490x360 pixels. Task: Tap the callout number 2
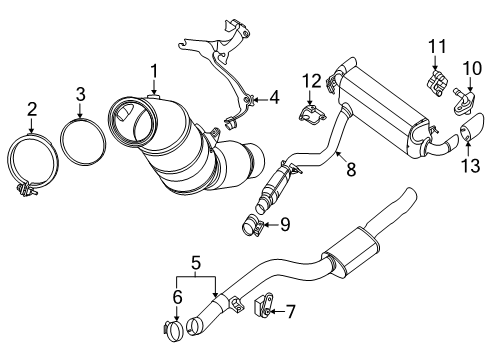32,109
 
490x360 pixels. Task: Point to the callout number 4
275,98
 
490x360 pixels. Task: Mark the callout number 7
291,310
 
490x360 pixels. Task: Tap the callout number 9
286,224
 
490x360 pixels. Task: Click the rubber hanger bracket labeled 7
267,304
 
